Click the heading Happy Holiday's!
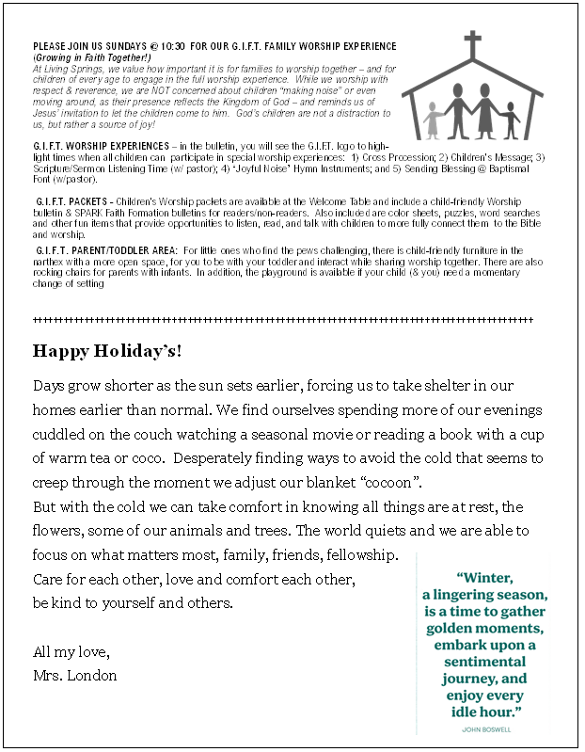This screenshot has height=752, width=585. coord(107,351)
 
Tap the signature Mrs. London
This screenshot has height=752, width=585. coord(75,676)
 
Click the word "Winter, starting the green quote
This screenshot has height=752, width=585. coord(485,577)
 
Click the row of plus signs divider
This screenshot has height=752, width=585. coord(282,321)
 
